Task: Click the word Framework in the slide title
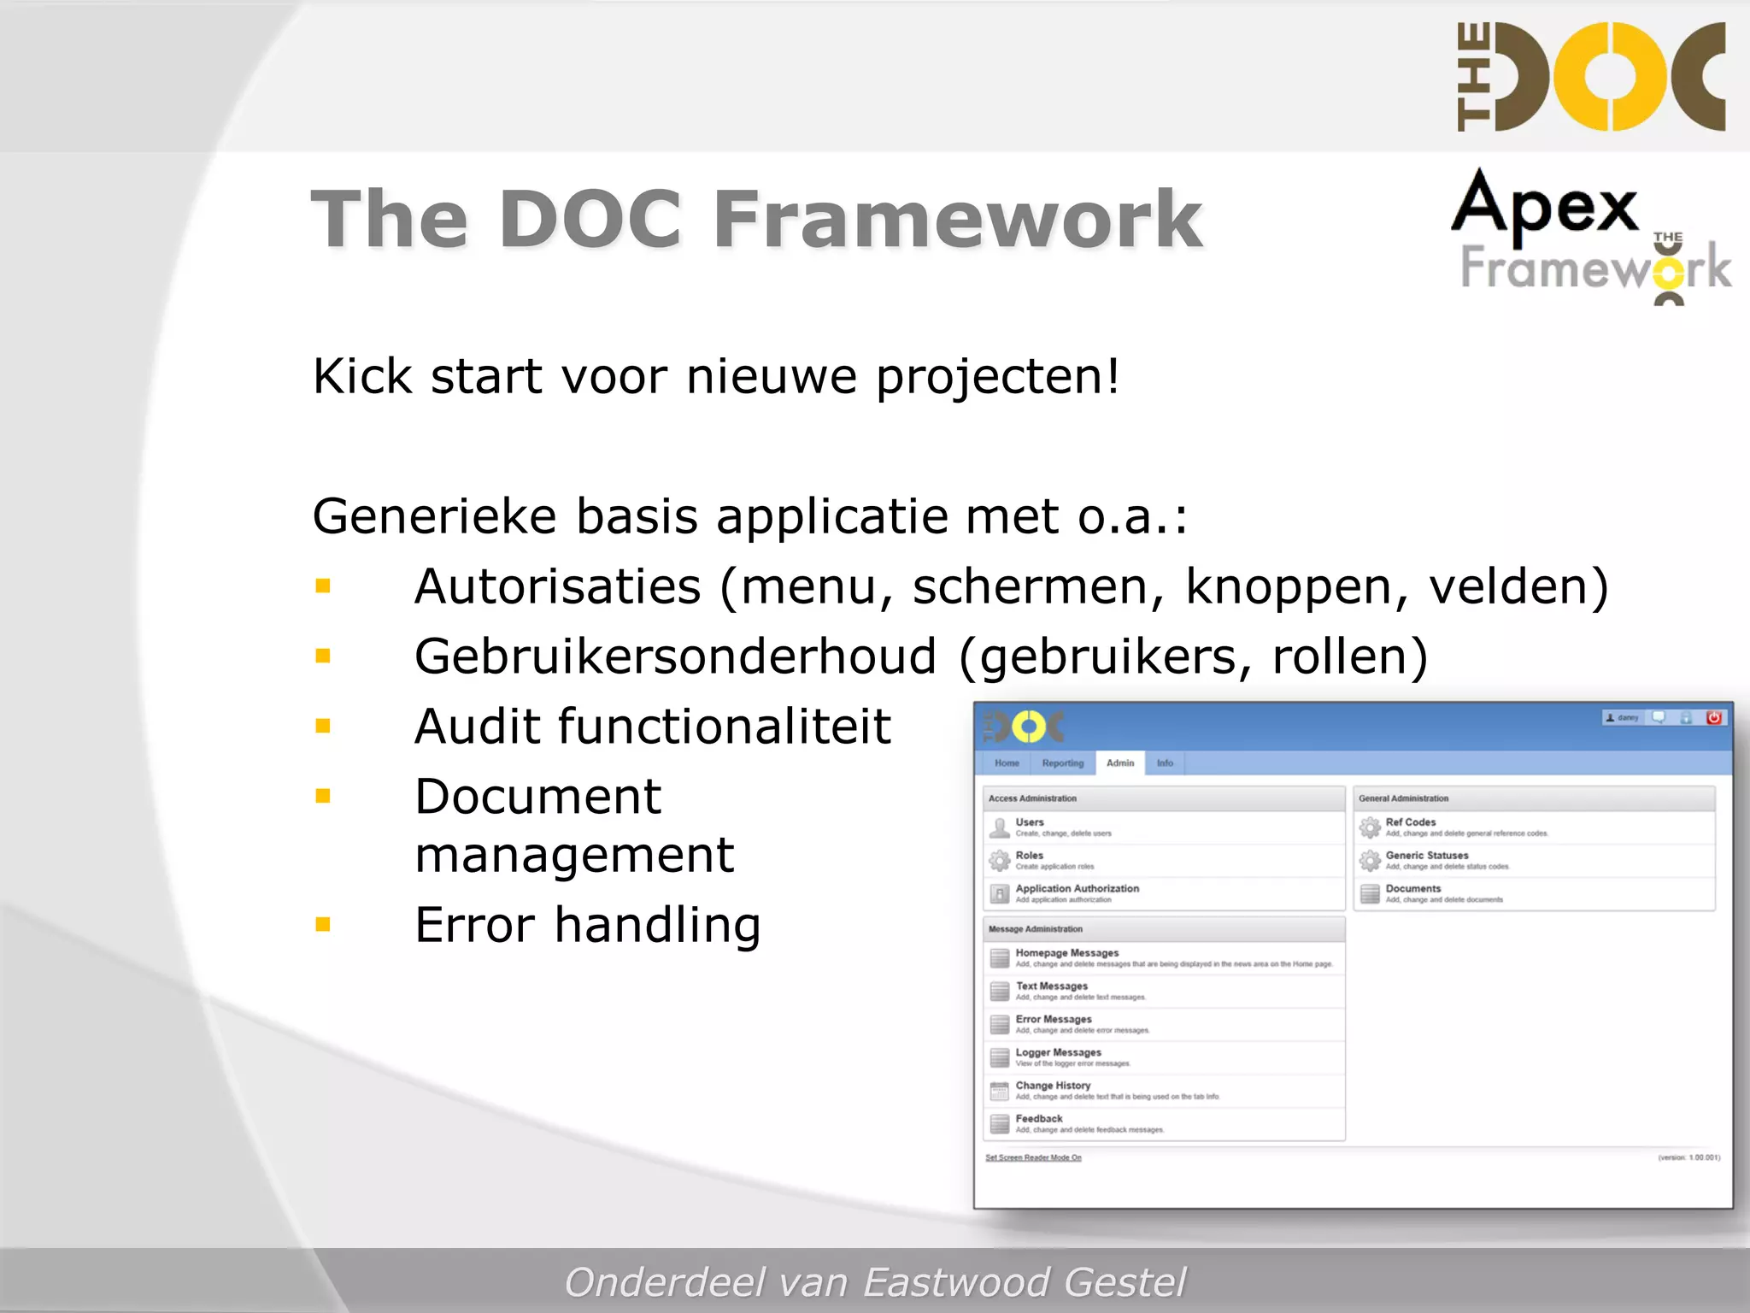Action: (957, 220)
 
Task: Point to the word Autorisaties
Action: (557, 586)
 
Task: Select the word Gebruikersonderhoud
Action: (675, 656)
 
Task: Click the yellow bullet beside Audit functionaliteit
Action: (323, 727)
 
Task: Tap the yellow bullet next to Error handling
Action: (323, 924)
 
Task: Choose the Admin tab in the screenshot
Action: (1119, 762)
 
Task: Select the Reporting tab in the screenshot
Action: (1062, 762)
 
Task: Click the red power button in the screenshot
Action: (1713, 718)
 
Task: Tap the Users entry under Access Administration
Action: (1030, 822)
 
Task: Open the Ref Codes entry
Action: (1410, 822)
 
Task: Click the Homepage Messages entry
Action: (1066, 953)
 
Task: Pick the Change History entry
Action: (1053, 1086)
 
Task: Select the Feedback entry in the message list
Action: (1039, 1119)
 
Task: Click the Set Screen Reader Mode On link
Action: (1033, 1157)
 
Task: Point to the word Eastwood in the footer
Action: (956, 1281)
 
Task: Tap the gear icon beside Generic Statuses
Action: (1370, 860)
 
